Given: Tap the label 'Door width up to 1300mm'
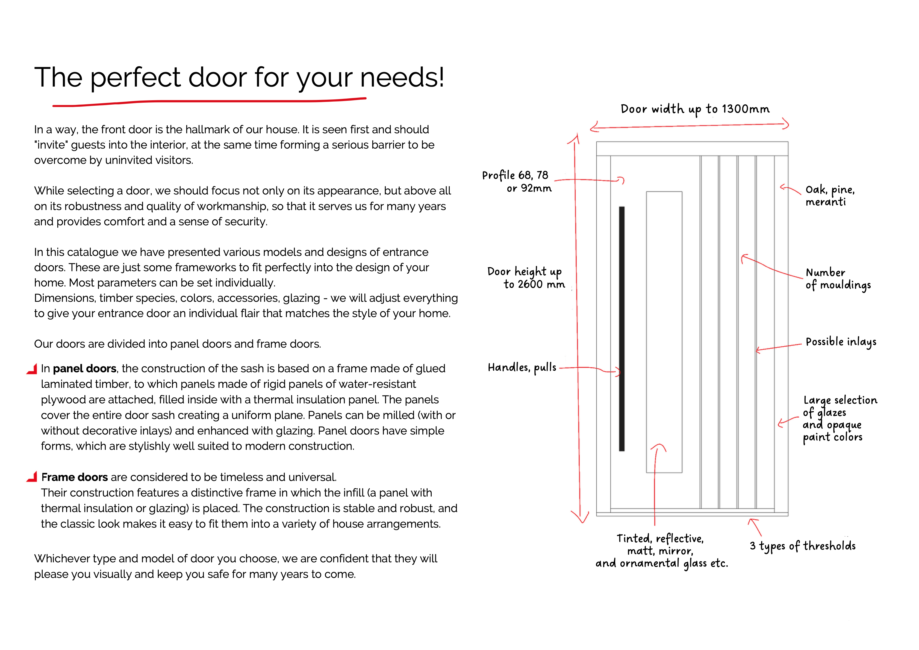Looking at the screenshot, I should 695,109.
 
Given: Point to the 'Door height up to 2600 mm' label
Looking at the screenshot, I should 526,278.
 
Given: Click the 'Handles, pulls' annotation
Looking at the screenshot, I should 522,367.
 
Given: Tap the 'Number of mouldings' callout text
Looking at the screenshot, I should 838,279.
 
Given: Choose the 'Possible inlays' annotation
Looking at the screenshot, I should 841,342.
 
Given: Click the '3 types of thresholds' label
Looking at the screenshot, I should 803,546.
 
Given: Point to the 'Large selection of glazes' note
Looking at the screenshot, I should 839,418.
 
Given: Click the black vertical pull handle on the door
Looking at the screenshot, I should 621,328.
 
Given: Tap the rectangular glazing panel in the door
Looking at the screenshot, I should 664,332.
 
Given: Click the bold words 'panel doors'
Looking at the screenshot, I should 84,369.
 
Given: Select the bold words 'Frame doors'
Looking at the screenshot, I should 75,477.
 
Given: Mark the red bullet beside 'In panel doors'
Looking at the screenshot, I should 32,369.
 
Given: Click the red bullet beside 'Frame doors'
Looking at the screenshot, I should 32,477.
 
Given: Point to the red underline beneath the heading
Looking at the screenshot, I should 209,102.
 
